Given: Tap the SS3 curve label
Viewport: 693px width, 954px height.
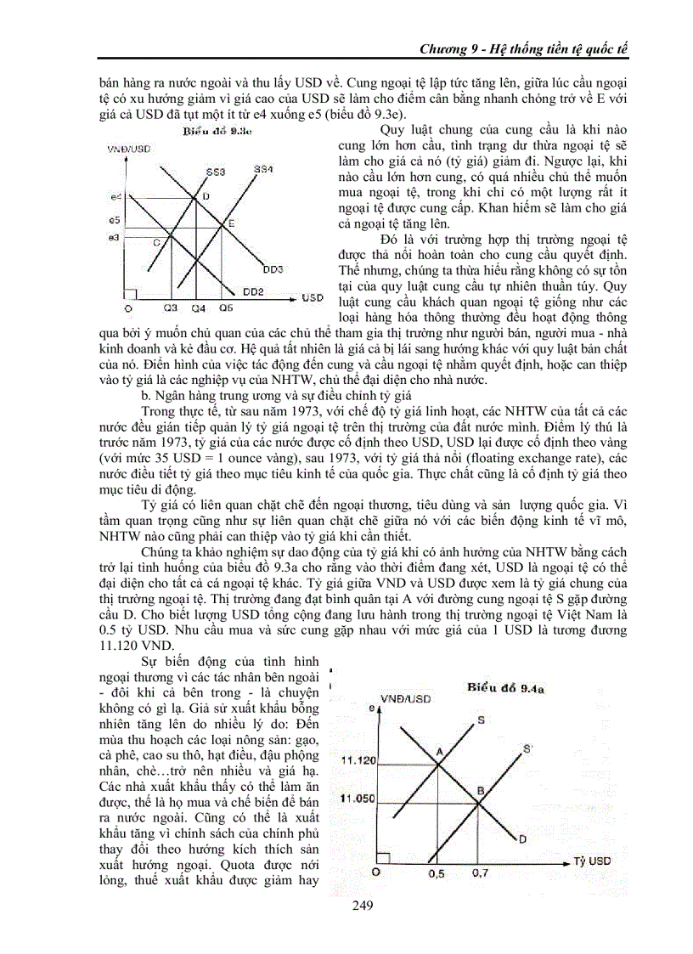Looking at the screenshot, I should [x=216, y=172].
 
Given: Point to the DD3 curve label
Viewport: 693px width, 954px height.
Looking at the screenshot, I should [x=273, y=269].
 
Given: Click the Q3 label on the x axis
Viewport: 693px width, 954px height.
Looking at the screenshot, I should [x=171, y=307].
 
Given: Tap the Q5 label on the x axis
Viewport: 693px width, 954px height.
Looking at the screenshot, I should [x=225, y=307].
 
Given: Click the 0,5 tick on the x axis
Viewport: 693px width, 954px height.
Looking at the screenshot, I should [x=437, y=872].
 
